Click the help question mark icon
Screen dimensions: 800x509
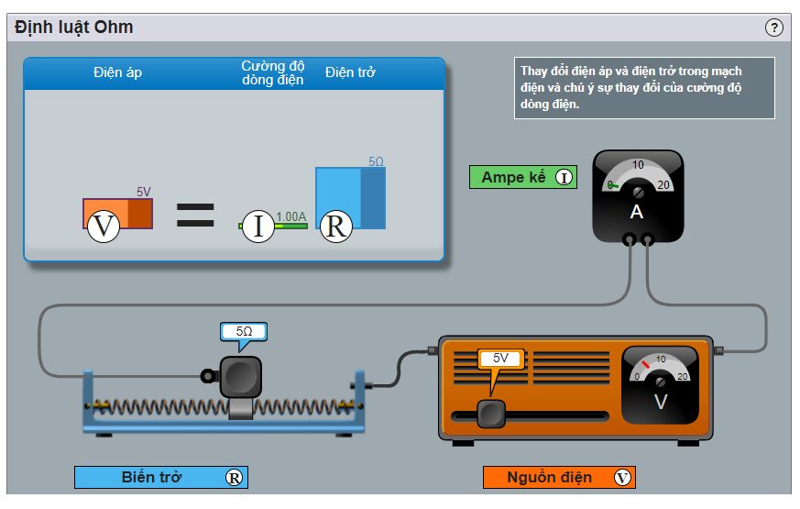tap(773, 28)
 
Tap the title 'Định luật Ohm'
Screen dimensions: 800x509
tap(74, 28)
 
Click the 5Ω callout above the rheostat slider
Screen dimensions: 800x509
tap(244, 332)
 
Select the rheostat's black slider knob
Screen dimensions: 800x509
tap(240, 376)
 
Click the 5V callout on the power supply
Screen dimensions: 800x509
tap(500, 359)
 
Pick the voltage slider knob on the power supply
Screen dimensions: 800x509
tap(491, 414)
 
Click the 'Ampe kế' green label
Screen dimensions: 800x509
tap(523, 177)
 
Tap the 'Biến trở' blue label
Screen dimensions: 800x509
tap(161, 477)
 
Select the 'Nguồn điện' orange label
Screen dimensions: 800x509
tap(559, 477)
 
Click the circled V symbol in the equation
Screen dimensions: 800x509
tap(104, 226)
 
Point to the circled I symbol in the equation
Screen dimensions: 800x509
tap(258, 227)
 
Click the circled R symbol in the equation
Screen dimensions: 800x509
tap(335, 227)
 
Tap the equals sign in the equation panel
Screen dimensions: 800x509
tap(195, 215)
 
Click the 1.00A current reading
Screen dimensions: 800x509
tap(290, 216)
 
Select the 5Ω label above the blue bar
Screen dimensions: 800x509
tap(376, 161)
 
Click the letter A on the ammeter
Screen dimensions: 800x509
tap(637, 211)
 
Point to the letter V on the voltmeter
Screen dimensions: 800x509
tap(661, 402)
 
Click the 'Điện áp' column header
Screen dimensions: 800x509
tap(117, 72)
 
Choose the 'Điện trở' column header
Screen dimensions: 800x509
tap(350, 72)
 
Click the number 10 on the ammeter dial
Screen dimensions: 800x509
tap(638, 164)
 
